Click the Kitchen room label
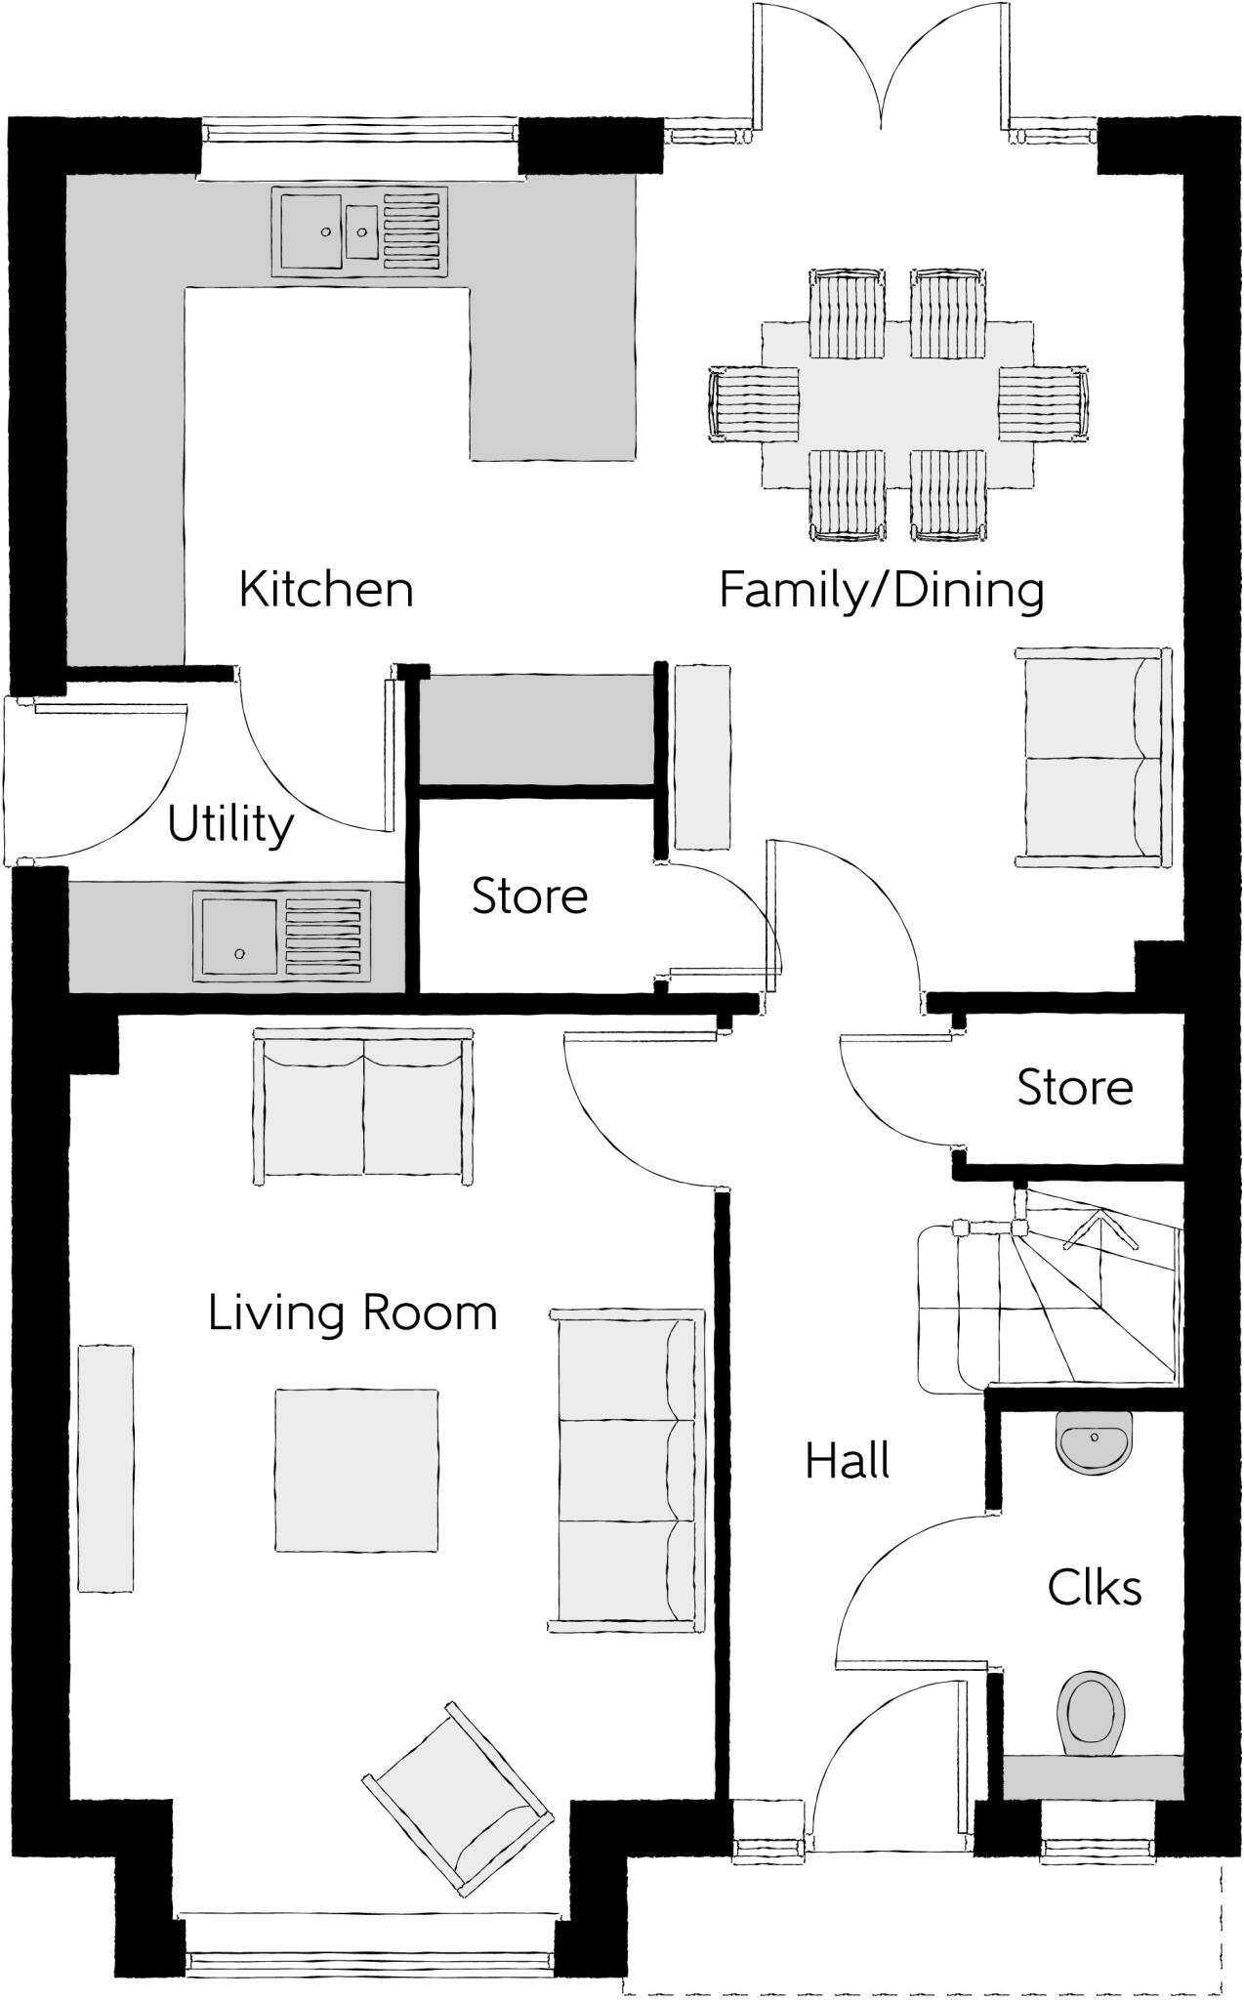[326, 589]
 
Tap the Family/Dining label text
[881, 591]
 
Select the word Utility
[229, 825]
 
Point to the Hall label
[847, 1462]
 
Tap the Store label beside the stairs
[1074, 1087]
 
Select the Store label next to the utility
[529, 896]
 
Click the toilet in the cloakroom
[1090, 1714]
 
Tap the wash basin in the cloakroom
[1095, 1439]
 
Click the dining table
[896, 403]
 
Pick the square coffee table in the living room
[355, 1471]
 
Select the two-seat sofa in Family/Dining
[1093, 757]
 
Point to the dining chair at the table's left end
[753, 404]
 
